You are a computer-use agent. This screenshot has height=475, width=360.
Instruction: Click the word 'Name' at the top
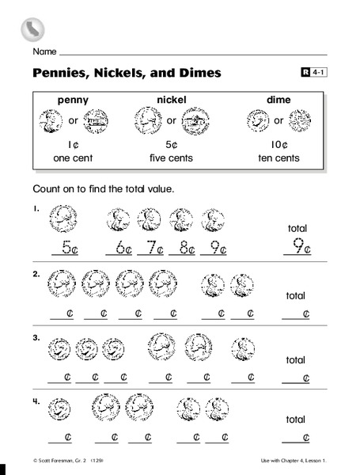coord(44,52)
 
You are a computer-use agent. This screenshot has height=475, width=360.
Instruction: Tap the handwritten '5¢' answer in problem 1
coord(65,247)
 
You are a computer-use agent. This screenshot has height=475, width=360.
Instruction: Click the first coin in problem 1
coord(63,217)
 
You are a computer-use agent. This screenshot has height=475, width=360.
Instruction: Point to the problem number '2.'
coord(36,273)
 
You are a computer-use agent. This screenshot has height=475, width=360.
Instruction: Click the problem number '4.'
coord(36,401)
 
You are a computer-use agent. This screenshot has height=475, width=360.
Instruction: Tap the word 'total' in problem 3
coord(295,359)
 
